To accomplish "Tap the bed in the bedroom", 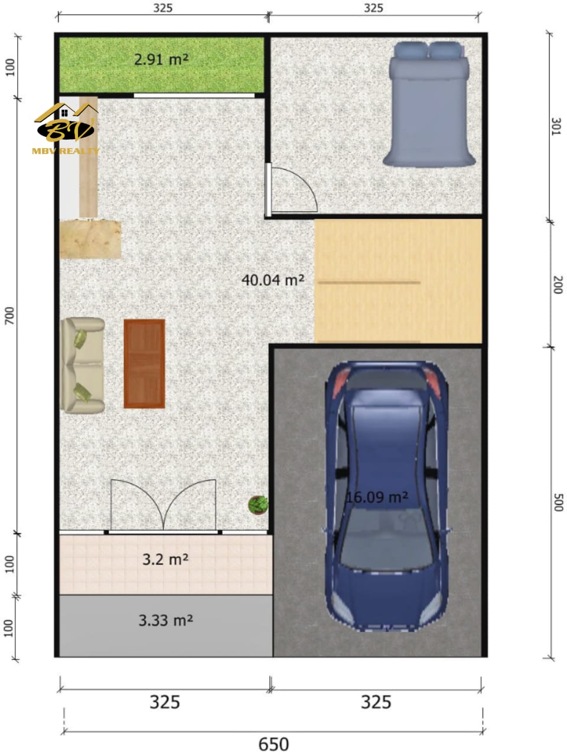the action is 429,104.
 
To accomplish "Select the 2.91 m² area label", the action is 161,60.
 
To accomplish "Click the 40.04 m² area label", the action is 273,280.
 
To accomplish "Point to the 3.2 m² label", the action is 165,559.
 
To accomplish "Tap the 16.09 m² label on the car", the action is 377,497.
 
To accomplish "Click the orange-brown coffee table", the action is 144,363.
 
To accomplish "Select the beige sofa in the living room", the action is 82,365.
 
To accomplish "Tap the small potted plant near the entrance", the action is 258,504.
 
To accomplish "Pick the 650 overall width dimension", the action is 273,743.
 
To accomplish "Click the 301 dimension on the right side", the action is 556,127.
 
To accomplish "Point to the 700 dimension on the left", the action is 9,316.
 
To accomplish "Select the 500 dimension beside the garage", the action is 558,503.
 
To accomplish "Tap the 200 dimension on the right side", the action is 558,285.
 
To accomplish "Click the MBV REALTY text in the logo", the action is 66,150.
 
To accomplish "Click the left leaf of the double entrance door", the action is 137,504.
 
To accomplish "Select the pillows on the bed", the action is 429,50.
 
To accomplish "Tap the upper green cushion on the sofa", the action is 80,339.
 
